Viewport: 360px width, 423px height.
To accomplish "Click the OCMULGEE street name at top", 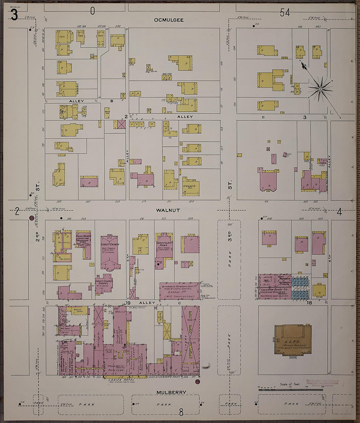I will tap(169, 20).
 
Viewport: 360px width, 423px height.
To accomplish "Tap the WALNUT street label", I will tap(168, 210).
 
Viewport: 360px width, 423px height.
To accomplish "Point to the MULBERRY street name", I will tap(171, 392).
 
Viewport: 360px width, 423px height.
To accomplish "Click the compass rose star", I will tap(320, 89).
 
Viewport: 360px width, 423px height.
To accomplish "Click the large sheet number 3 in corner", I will tap(14, 15).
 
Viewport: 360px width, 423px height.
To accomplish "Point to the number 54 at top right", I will tap(285, 13).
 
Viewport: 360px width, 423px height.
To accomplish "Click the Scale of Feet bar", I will tap(286, 390).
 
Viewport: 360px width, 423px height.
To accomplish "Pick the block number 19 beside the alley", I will tap(128, 303).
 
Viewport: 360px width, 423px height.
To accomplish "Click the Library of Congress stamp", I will tap(322, 383).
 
